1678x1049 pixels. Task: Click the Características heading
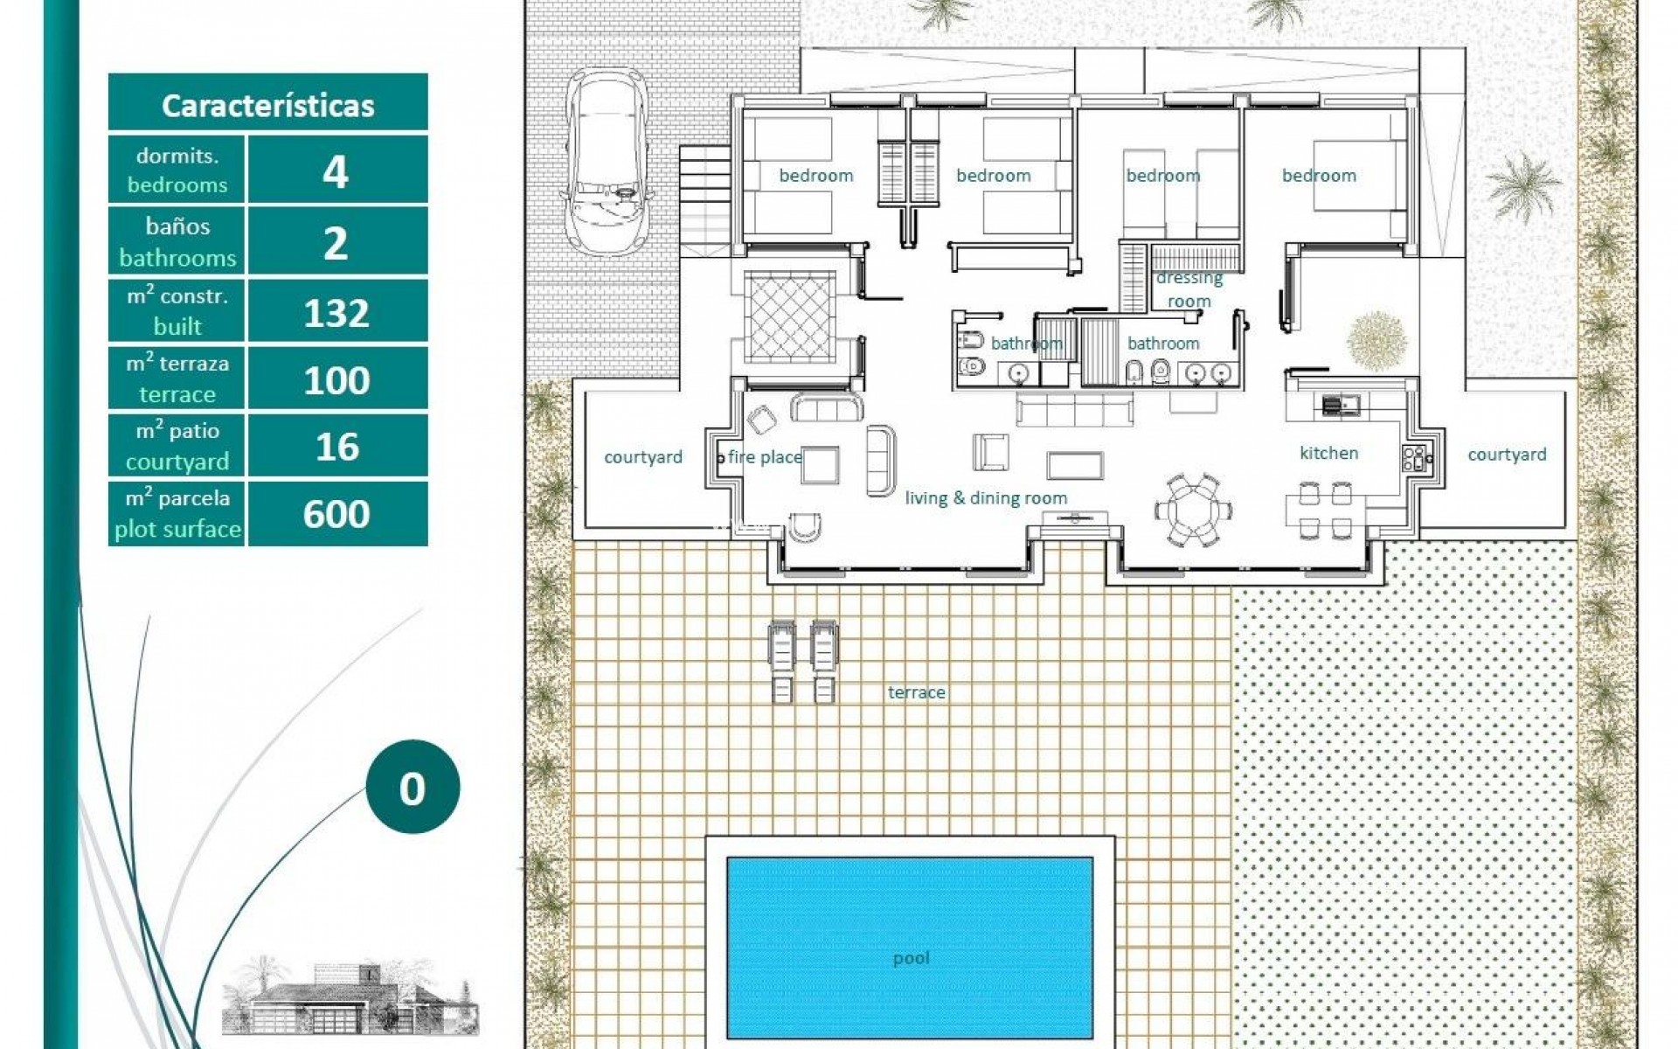pyautogui.click(x=267, y=105)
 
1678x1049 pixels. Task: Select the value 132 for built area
pyautogui.click(x=337, y=312)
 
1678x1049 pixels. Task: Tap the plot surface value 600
pyautogui.click(x=337, y=514)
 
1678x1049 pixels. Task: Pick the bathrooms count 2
pyautogui.click(x=337, y=242)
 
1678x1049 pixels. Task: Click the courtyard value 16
pyautogui.click(x=337, y=447)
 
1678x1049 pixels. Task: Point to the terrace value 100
pyautogui.click(x=337, y=379)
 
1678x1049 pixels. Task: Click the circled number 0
pyautogui.click(x=412, y=788)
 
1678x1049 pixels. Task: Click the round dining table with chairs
pyautogui.click(x=1188, y=511)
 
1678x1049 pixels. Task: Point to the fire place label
pyautogui.click(x=765, y=456)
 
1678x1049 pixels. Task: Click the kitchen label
pyautogui.click(x=1328, y=453)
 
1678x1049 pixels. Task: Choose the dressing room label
pyautogui.click(x=1189, y=289)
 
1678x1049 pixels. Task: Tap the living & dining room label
pyautogui.click(x=986, y=498)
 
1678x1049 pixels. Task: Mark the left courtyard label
pyautogui.click(x=643, y=457)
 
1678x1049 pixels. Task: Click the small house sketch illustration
pyautogui.click(x=350, y=997)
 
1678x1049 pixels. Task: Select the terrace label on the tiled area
pyautogui.click(x=916, y=692)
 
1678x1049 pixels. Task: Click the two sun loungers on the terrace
pyautogui.click(x=802, y=661)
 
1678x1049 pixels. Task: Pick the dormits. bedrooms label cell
pyautogui.click(x=177, y=170)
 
